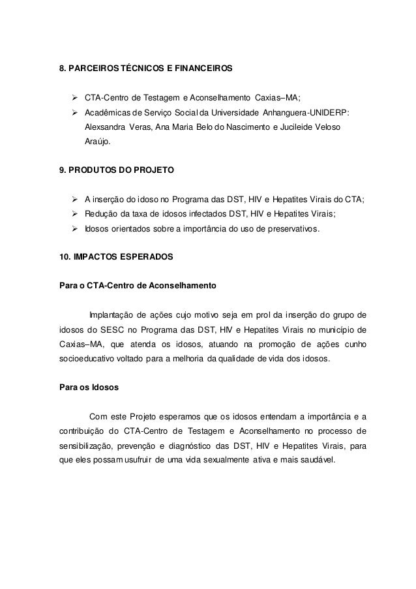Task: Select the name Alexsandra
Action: point(104,125)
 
